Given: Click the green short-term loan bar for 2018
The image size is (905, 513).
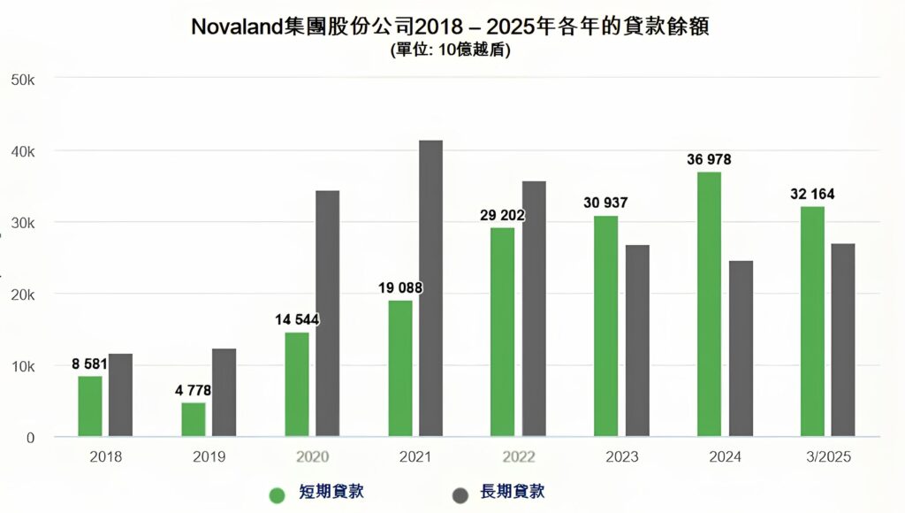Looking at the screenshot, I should pyautogui.click(x=90, y=406).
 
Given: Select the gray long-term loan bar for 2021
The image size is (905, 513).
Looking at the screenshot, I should pyautogui.click(x=430, y=288).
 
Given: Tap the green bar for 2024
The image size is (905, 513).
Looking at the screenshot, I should pyautogui.click(x=709, y=304).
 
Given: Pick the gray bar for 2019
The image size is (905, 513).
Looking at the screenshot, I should pyautogui.click(x=224, y=392).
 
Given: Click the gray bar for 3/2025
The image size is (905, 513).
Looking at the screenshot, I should pyautogui.click(x=842, y=340).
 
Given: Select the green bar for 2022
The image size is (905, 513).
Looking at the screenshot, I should pyautogui.click(x=502, y=332).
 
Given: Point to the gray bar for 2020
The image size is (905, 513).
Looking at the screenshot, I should pyautogui.click(x=327, y=313).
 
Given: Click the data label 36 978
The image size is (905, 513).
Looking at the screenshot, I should pyautogui.click(x=709, y=160).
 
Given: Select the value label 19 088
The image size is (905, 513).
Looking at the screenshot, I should pyautogui.click(x=399, y=287).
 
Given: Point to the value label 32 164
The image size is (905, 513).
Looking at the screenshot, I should pyautogui.click(x=812, y=194).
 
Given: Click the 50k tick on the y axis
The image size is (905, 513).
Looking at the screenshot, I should pyautogui.click(x=21, y=80).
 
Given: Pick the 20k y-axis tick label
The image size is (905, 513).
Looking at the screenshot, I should pyautogui.click(x=21, y=295).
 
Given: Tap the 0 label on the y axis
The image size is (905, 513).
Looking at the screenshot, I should pyautogui.click(x=30, y=438).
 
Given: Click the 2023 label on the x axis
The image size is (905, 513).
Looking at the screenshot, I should pyautogui.click(x=621, y=457).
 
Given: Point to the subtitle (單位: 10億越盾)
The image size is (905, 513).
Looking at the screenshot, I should pyautogui.click(x=451, y=50).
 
